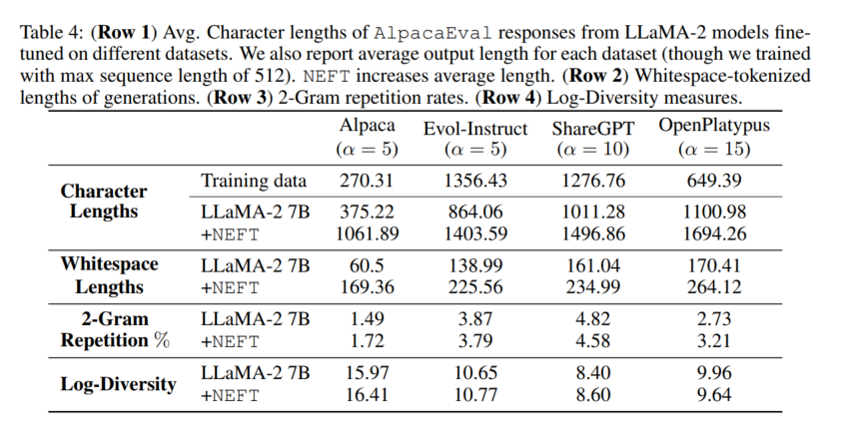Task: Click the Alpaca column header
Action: click(x=368, y=126)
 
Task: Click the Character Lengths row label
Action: click(x=104, y=201)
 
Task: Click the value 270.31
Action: click(x=368, y=182)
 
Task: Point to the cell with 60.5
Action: click(x=368, y=266)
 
